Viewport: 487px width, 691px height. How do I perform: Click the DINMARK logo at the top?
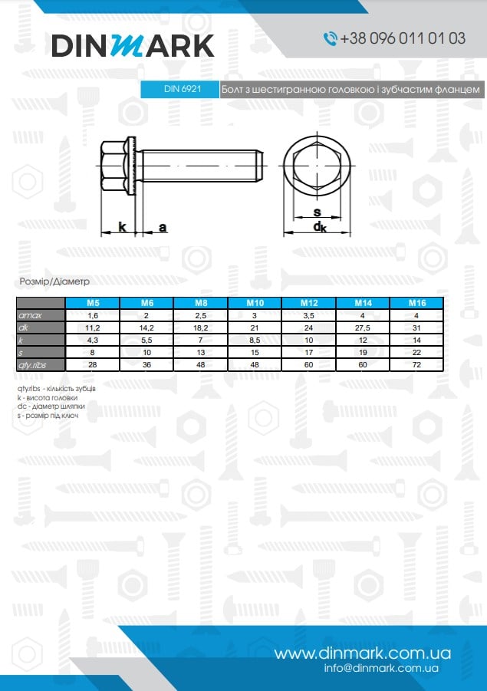click(x=133, y=45)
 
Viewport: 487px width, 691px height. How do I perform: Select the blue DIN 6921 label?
click(x=179, y=89)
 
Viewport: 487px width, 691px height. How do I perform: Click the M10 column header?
click(x=255, y=303)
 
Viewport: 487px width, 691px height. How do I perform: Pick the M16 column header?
click(x=417, y=303)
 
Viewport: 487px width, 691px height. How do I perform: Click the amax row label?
click(x=30, y=315)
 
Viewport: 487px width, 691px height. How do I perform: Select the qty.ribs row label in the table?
click(x=32, y=365)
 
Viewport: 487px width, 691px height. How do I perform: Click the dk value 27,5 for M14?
click(x=363, y=328)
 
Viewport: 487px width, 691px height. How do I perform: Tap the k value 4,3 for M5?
click(x=93, y=341)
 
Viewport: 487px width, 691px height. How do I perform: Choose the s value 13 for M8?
click(x=201, y=353)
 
